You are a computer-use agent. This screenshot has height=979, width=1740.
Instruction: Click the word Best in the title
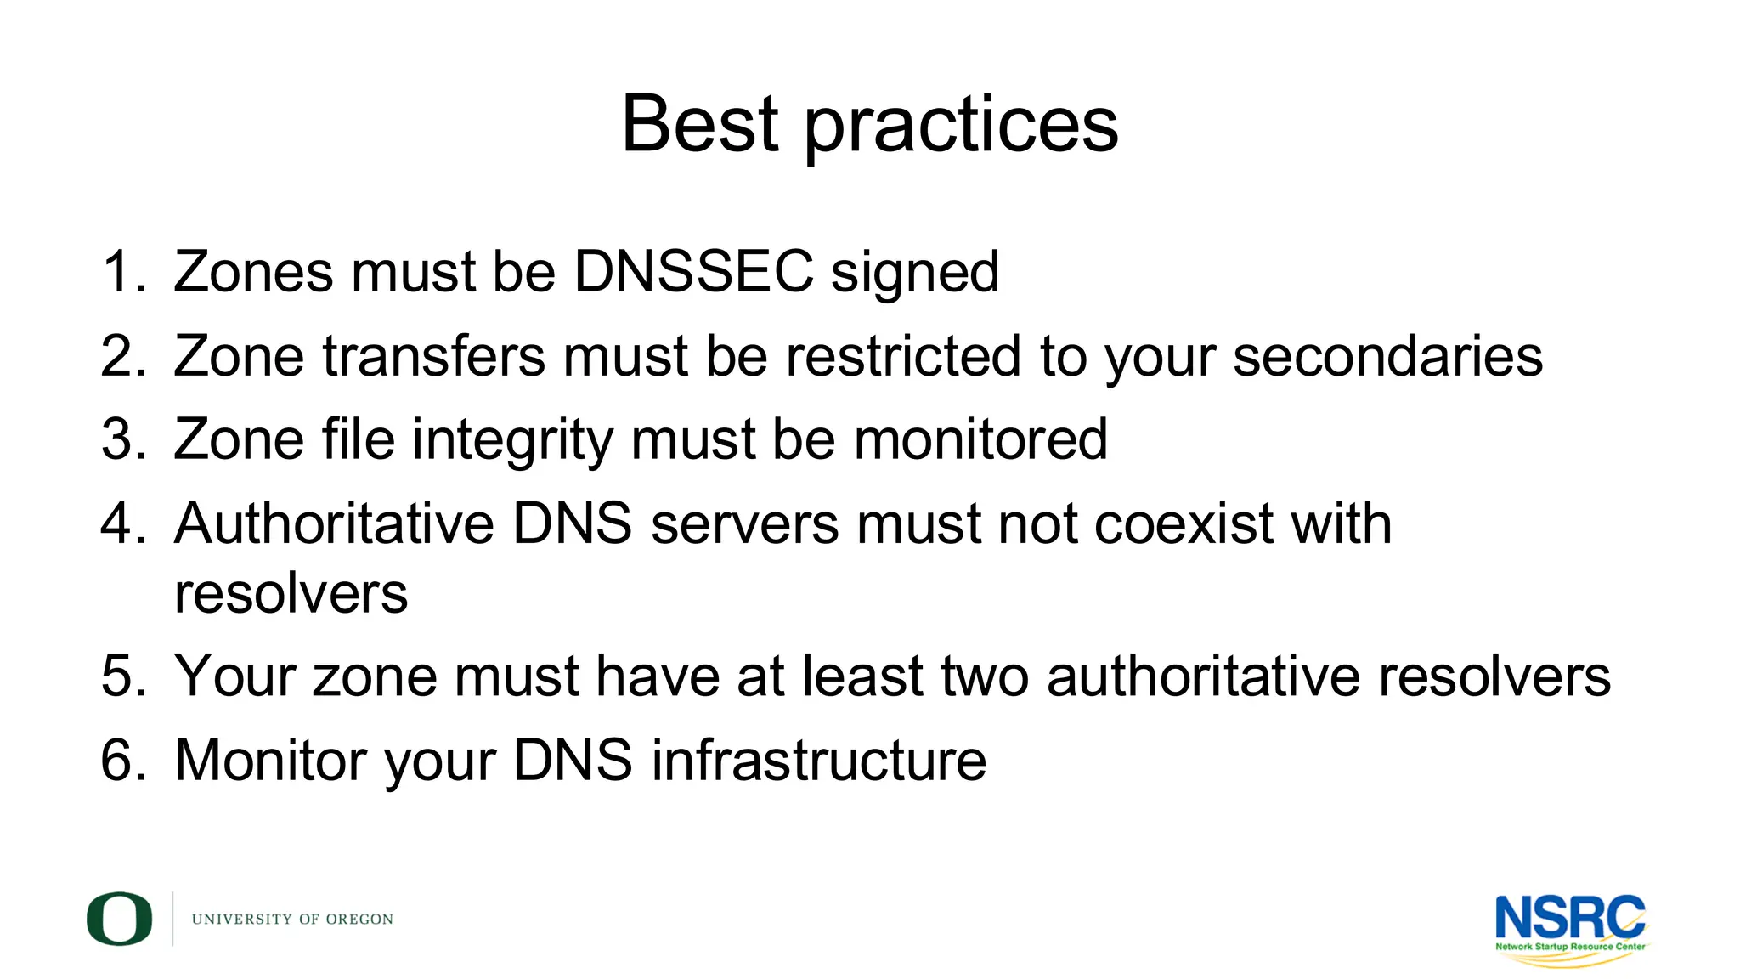(699, 124)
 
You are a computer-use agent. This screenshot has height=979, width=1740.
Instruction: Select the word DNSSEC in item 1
(693, 272)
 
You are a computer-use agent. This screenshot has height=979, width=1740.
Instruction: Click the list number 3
(124, 439)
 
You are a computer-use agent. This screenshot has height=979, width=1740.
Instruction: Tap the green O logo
(119, 919)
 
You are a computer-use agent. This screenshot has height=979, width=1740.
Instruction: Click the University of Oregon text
(292, 920)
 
